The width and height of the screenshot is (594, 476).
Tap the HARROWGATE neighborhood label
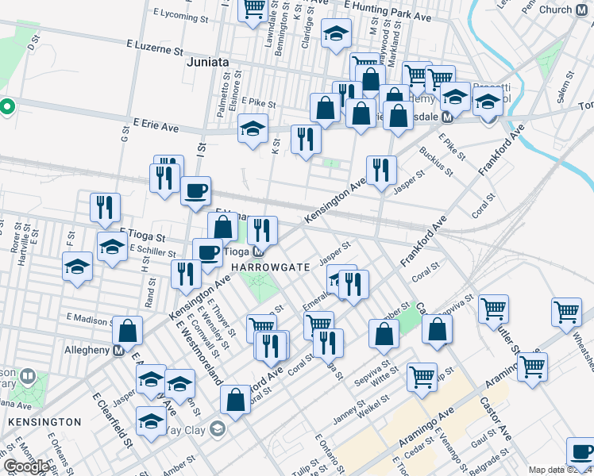coord(271,267)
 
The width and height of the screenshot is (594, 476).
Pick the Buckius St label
coord(436,160)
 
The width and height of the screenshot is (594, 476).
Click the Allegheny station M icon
coord(118,350)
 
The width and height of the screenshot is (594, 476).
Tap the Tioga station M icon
coord(258,252)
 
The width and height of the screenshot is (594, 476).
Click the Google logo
coord(26,466)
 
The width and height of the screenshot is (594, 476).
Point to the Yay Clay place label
coord(187,430)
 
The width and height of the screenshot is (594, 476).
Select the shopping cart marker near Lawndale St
coord(253,10)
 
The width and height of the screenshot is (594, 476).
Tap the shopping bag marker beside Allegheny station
coord(127,332)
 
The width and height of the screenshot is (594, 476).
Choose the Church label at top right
coord(555,10)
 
